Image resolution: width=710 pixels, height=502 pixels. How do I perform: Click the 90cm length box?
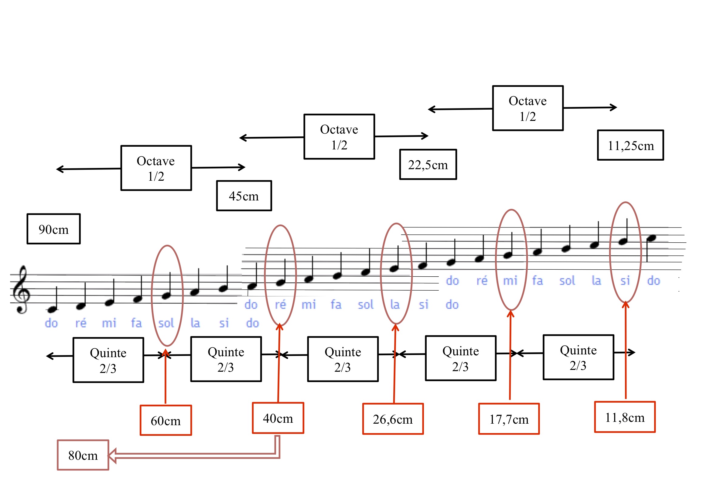[x=53, y=229]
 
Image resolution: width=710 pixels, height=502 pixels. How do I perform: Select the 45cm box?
[x=244, y=196]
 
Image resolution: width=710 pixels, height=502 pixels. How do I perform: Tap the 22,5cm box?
[x=428, y=165]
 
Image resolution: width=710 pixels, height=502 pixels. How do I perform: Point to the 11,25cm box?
[x=630, y=145]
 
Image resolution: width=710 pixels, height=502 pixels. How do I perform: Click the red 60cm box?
[x=166, y=421]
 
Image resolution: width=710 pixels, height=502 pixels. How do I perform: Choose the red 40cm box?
[x=278, y=418]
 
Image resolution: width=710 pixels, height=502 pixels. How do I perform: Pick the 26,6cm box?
[x=393, y=419]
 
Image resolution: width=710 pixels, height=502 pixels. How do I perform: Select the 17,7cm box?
[x=509, y=419]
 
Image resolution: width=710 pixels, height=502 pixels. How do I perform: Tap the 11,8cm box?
[x=625, y=417]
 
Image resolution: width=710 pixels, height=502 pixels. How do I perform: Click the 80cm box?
[x=83, y=455]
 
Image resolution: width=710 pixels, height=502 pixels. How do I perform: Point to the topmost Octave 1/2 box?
[x=527, y=108]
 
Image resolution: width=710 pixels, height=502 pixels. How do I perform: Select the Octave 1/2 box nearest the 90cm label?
[x=156, y=168]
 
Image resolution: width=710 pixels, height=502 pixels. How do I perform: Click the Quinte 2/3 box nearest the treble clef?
[x=108, y=360]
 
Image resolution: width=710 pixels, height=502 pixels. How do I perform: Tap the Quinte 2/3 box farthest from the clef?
[x=578, y=357]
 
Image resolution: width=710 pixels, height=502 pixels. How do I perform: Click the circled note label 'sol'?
[x=166, y=323]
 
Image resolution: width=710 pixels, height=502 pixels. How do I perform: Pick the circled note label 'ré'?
[x=281, y=305]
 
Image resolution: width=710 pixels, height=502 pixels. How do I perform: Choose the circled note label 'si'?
[x=625, y=281]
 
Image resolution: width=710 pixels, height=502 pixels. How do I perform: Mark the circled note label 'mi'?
[x=510, y=281]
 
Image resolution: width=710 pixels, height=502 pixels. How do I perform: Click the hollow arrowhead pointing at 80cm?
[x=112, y=456]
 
